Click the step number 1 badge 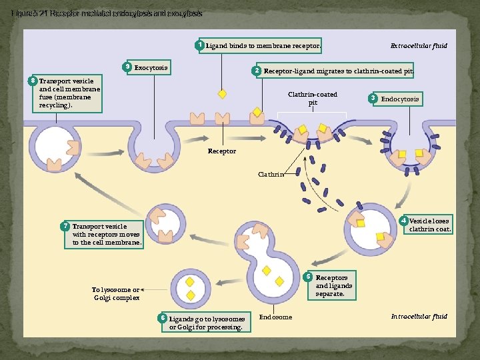[x=199, y=45]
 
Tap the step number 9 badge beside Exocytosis [x=127, y=67]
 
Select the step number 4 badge [x=403, y=221]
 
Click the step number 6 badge [x=162, y=318]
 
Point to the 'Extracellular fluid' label [x=419, y=46]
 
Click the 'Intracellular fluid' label [x=419, y=317]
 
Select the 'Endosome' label [x=275, y=317]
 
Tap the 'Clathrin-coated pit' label [x=313, y=99]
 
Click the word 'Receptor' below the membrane [x=222, y=151]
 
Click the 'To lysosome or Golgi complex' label [x=116, y=294]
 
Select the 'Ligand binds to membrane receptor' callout [x=263, y=45]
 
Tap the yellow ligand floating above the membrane [x=222, y=94]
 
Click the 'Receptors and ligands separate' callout [x=333, y=285]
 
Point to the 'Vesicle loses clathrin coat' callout [x=430, y=225]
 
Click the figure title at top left [x=107, y=13]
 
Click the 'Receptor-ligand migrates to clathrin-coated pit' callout [x=338, y=71]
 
